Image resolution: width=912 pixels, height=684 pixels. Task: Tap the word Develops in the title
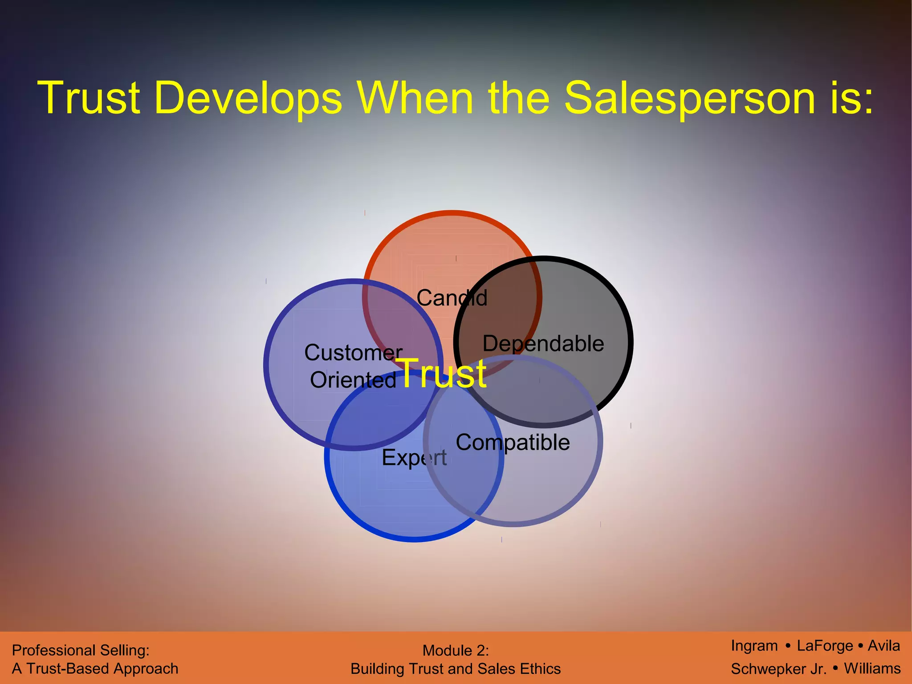pos(248,98)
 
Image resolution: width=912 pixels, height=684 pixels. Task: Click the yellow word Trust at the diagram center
pos(443,373)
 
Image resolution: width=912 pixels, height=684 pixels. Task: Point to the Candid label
pos(452,297)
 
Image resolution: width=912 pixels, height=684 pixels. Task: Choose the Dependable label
pos(543,343)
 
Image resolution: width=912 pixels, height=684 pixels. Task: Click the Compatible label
pos(513,442)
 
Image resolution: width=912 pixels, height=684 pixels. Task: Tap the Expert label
pos(414,458)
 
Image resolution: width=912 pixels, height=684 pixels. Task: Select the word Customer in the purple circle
pos(353,352)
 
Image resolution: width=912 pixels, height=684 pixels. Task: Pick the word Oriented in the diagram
pos(353,380)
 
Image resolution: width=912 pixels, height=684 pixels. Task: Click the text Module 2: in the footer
pos(456,651)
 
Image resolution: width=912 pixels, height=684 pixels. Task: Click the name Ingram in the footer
pos(754,646)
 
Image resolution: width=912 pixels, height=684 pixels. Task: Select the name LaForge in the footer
pos(825,646)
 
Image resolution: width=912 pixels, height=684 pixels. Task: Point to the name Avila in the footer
pos(883,646)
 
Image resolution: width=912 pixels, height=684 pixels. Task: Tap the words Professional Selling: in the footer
pos(81,651)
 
